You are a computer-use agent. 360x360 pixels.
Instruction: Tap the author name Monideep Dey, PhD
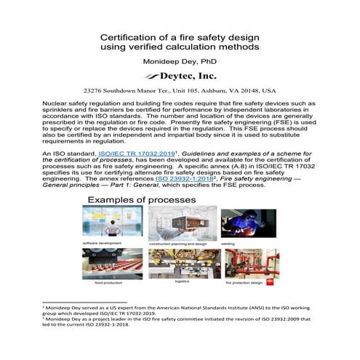(179, 62)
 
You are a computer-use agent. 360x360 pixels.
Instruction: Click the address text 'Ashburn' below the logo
(209, 92)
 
